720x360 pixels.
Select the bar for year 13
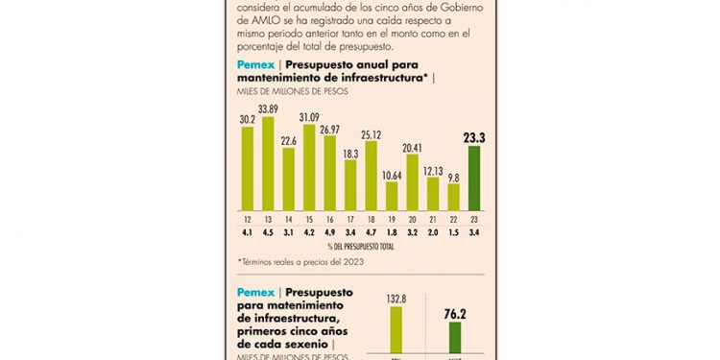coord(268,163)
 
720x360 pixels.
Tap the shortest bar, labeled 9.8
coord(454,197)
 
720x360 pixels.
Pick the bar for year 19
coord(392,196)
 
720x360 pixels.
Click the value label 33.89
coord(268,108)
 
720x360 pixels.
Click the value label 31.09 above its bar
coord(309,117)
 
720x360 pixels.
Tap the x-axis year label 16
coord(329,219)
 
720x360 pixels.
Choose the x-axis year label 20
coord(412,219)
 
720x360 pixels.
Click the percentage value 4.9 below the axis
coord(329,231)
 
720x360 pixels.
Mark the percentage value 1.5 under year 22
coord(454,231)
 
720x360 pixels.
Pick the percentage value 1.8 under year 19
coord(392,231)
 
